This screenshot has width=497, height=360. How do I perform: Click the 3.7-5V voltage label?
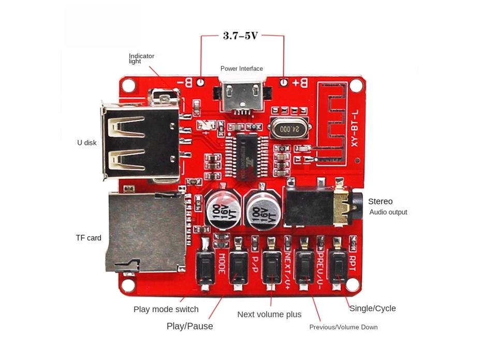(240, 36)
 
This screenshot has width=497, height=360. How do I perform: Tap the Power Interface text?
(241, 69)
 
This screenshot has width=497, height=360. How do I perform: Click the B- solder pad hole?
(199, 82)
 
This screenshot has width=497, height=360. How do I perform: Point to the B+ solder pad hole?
(284, 82)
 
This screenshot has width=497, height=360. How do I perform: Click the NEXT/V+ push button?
(271, 267)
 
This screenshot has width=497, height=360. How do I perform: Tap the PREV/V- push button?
(304, 267)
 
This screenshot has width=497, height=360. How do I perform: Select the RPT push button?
(339, 267)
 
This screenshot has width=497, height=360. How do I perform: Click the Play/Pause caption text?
(189, 326)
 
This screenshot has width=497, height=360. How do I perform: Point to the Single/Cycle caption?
(372, 308)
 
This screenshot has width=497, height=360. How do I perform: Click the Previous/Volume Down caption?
(343, 327)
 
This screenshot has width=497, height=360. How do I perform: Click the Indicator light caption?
(141, 58)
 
